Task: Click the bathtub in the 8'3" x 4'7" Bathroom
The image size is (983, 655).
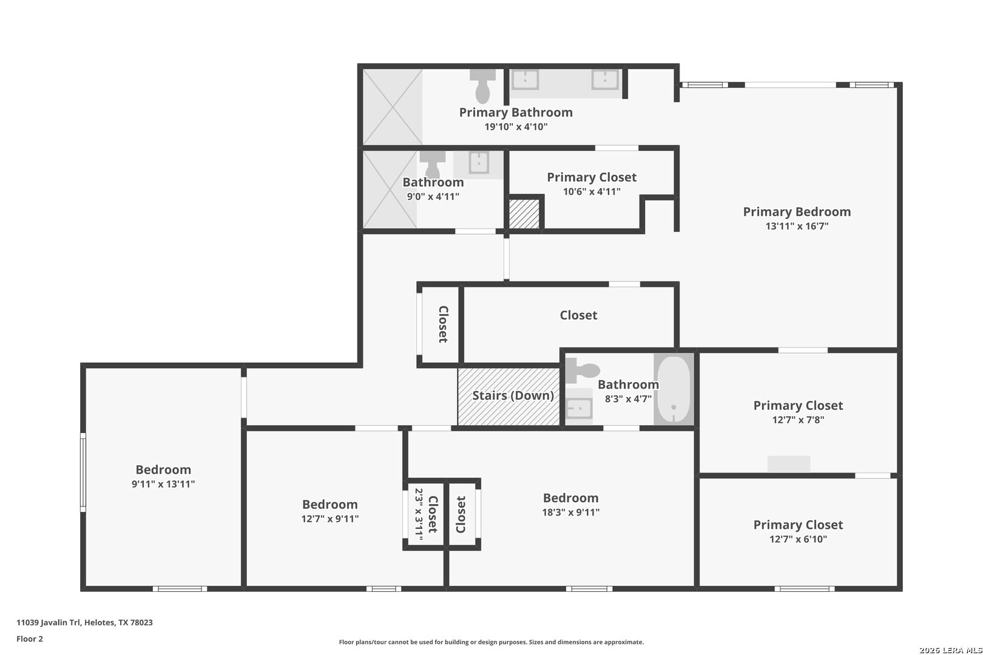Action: [x=674, y=389]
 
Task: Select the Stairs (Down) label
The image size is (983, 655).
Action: [x=513, y=395]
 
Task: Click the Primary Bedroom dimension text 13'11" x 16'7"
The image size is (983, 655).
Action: [x=797, y=226]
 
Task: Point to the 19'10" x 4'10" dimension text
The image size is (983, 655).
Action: [x=516, y=127]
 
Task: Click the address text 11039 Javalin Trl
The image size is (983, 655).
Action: [x=49, y=622]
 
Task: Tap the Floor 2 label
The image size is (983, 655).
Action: [x=30, y=639]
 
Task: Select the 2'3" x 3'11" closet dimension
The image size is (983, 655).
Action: [x=419, y=514]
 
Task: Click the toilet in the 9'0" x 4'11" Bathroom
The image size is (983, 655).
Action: [x=432, y=164]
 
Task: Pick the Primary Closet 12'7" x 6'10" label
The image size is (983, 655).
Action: [x=799, y=531]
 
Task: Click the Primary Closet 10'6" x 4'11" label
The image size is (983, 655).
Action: [x=592, y=184]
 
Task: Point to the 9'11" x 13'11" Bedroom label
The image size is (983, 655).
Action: [x=163, y=476]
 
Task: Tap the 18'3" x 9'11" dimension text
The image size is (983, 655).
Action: [x=571, y=512]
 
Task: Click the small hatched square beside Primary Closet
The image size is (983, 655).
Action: [x=524, y=214]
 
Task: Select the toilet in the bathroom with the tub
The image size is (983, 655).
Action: [x=582, y=371]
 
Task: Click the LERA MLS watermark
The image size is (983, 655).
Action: [x=950, y=650]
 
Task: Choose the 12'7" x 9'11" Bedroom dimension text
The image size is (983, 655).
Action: [x=330, y=519]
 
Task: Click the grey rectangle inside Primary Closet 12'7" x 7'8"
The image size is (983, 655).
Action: [x=789, y=464]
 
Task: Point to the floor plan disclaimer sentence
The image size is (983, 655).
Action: [x=491, y=642]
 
